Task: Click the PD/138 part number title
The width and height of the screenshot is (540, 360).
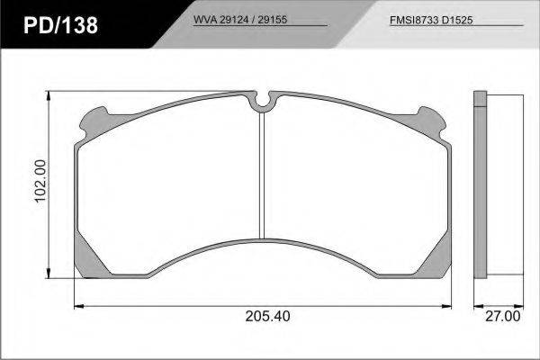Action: pyautogui.click(x=60, y=25)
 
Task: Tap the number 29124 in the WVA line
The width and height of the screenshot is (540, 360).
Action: pyautogui.click(x=234, y=20)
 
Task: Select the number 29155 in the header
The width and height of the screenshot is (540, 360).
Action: pyautogui.click(x=273, y=20)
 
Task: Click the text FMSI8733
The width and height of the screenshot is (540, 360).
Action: pyautogui.click(x=414, y=20)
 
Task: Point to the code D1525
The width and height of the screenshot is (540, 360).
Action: pyautogui.click(x=457, y=20)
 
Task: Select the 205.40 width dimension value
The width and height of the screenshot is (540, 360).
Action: pyautogui.click(x=267, y=316)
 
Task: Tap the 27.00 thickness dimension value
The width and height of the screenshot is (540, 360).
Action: pyautogui.click(x=503, y=316)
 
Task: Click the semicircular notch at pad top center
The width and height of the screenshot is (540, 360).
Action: pyautogui.click(x=263, y=103)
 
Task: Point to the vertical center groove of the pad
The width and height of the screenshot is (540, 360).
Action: pyautogui.click(x=262, y=175)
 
